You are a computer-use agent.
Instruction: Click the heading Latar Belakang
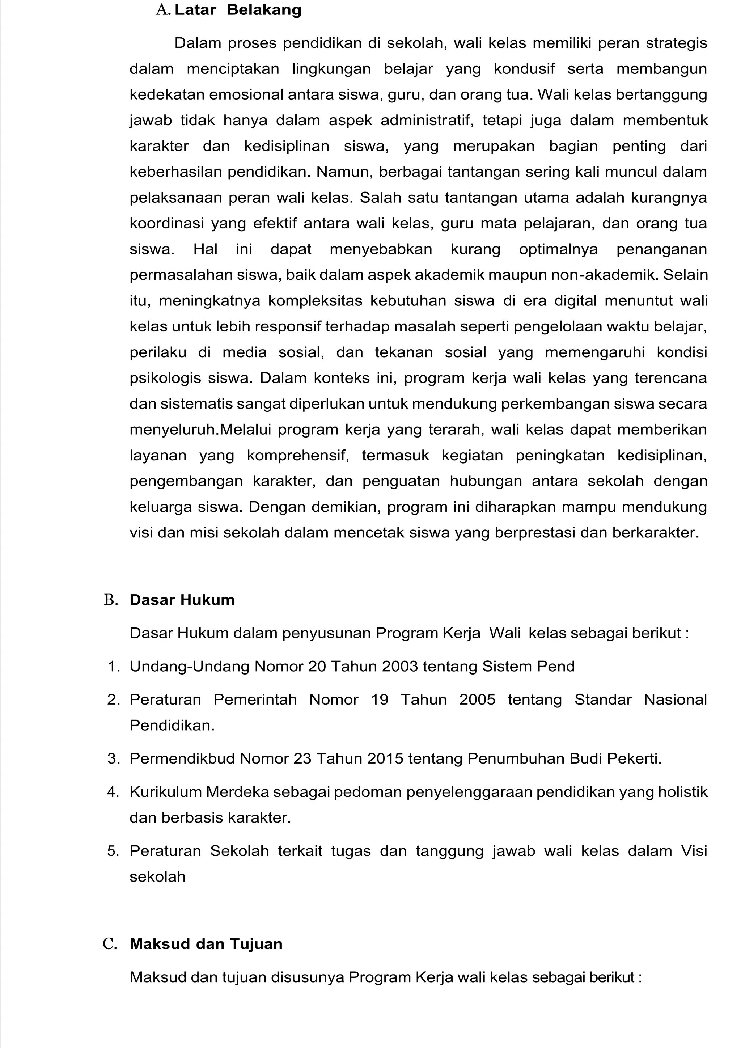point(238,10)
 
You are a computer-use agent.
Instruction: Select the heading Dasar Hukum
point(182,599)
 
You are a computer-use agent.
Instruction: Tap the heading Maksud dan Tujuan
point(206,943)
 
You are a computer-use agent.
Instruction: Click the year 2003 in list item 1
point(400,667)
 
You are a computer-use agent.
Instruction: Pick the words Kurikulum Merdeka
point(199,791)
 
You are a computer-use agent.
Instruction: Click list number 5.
point(113,851)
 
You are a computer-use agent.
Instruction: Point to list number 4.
point(113,791)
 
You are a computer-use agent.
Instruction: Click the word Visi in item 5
point(694,851)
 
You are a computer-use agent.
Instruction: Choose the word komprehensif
point(297,455)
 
